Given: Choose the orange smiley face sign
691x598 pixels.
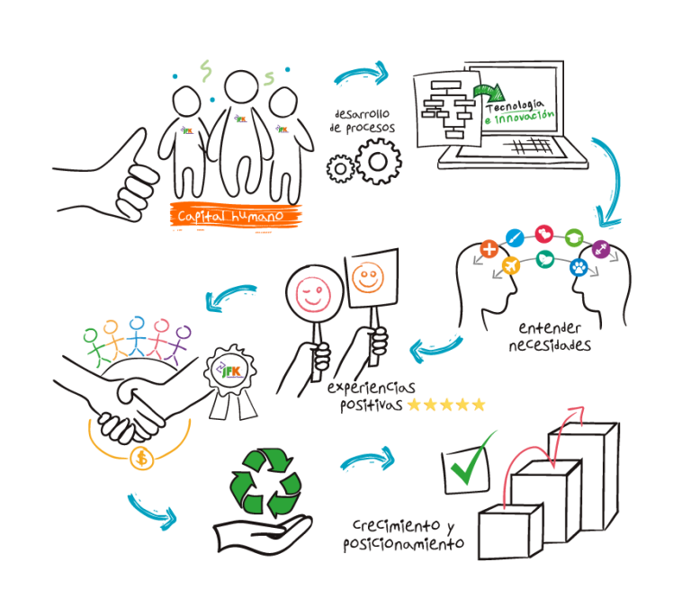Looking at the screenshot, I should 368,278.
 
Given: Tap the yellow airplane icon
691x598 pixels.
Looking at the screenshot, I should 510,266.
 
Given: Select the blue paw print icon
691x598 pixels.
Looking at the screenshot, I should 579,266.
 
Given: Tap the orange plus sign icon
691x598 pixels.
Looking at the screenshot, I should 489,249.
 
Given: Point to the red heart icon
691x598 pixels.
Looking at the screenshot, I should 543,234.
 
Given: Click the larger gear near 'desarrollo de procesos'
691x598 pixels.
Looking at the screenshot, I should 378,163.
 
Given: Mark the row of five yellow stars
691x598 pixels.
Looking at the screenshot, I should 446,405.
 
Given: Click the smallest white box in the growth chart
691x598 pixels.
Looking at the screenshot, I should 509,531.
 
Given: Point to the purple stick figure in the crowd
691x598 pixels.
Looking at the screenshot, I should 183,341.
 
